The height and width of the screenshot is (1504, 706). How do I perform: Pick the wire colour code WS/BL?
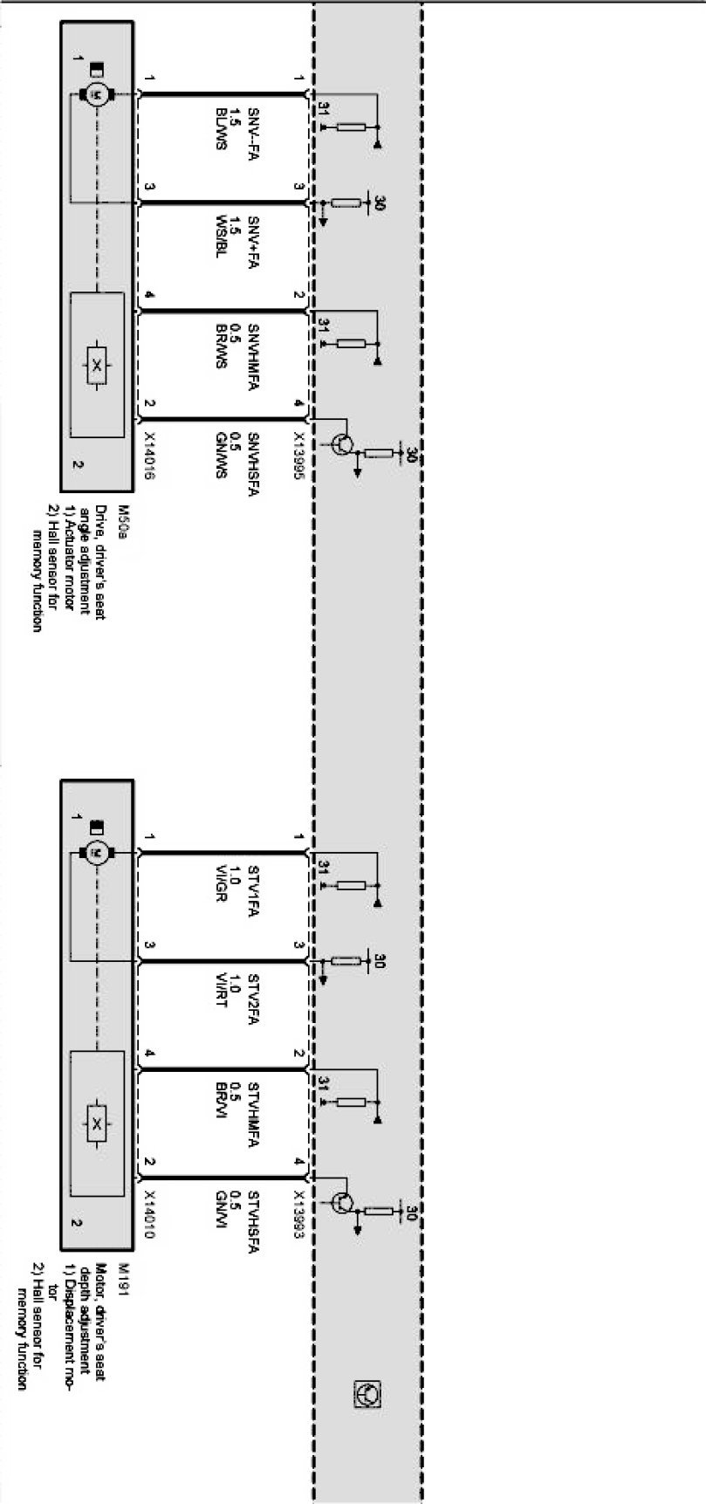221,237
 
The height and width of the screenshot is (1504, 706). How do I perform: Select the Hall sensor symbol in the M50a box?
97,366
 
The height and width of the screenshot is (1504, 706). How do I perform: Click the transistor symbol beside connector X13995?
344,444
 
